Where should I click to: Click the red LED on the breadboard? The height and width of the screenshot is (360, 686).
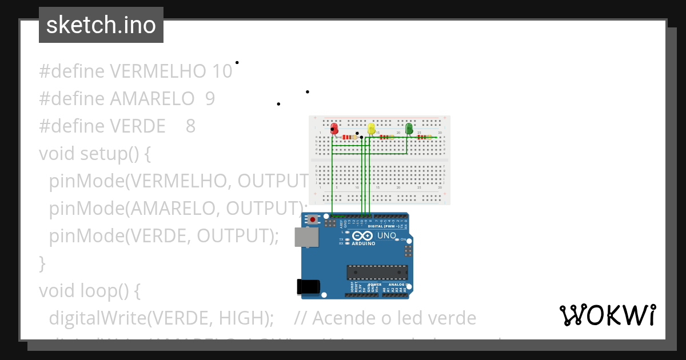[x=334, y=129]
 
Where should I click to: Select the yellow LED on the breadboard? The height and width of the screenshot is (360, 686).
[x=372, y=129]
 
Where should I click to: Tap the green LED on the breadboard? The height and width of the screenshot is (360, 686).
[x=409, y=129]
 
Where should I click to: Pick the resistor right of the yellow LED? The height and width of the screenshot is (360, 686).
[x=387, y=137]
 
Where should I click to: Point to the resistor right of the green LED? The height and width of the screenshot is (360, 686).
[x=424, y=137]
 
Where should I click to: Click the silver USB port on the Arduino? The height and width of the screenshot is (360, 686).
[x=306, y=237]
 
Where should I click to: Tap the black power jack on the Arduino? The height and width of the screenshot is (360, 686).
[x=308, y=286]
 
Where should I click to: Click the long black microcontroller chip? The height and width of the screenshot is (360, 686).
[x=377, y=273]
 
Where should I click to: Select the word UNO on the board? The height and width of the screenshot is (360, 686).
[x=386, y=235]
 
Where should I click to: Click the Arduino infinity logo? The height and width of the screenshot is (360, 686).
[x=364, y=235]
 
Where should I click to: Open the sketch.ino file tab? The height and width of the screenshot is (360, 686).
[x=101, y=25]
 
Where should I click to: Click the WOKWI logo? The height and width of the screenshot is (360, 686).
[x=608, y=315]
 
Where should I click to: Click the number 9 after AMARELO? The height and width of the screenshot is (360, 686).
[x=210, y=98]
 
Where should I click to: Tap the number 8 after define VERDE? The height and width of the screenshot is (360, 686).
[x=191, y=126]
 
